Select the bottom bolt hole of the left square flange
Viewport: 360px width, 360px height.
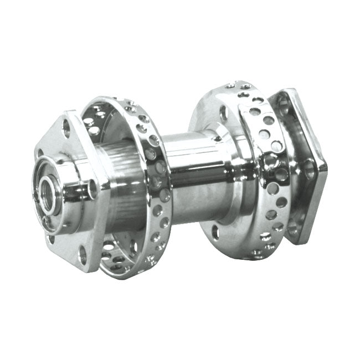[x=83, y=255]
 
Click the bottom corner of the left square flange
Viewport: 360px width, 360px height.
[x=91, y=271]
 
